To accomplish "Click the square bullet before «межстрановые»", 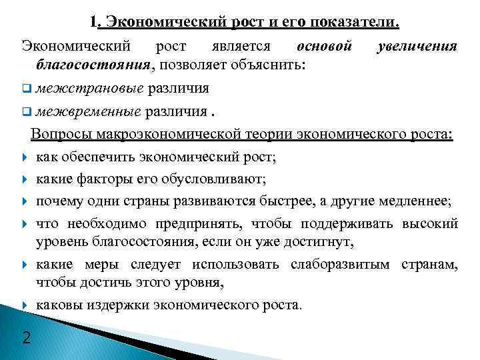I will tap(26, 89).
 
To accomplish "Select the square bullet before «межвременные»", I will tap(26, 111).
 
